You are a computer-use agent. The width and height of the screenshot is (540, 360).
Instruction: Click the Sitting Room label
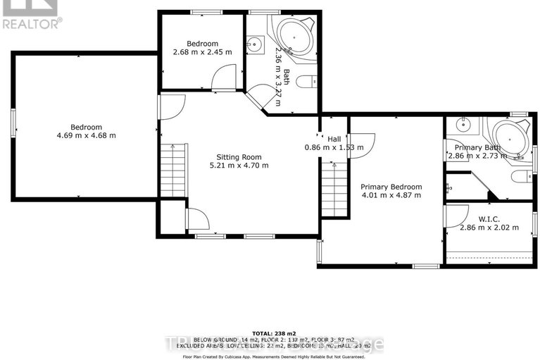(x=239, y=157)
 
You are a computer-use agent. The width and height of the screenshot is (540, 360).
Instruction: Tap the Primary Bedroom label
(x=391, y=187)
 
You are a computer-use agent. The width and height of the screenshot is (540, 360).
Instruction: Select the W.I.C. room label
(x=489, y=218)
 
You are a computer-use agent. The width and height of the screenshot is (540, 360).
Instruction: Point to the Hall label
(x=334, y=139)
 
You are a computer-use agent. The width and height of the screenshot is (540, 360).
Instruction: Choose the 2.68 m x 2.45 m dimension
(x=202, y=51)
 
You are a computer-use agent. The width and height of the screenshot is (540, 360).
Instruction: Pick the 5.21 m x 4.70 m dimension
(x=239, y=166)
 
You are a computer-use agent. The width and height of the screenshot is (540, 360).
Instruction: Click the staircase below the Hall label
(x=334, y=189)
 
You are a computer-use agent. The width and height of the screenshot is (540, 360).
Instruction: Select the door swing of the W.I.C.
(x=457, y=215)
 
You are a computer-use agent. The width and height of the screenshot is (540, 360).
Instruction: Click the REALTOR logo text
(x=32, y=23)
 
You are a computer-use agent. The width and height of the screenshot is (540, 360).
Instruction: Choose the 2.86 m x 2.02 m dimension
(x=489, y=228)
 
